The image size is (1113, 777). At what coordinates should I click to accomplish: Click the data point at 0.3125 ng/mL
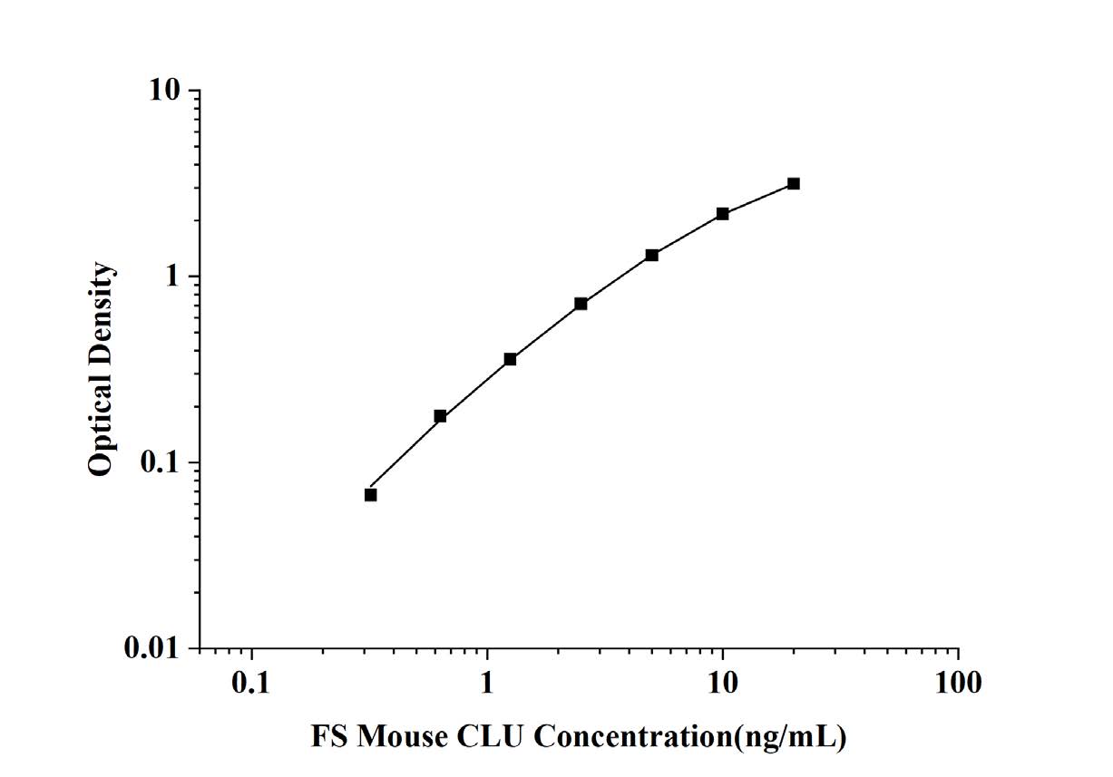[370, 495]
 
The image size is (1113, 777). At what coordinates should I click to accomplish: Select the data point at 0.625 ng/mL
[440, 416]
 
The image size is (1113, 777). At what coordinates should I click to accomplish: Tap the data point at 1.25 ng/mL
[511, 359]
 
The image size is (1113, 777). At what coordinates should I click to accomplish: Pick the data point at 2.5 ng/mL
[581, 304]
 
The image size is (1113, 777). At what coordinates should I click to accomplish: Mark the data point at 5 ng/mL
[652, 255]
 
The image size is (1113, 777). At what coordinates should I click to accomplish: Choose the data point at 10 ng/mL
[722, 214]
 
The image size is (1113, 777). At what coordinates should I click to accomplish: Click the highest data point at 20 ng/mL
[794, 184]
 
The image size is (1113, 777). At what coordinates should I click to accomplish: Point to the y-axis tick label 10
[164, 91]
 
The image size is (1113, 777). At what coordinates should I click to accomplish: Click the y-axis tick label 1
[172, 277]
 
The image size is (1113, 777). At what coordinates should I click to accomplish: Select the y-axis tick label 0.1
[160, 462]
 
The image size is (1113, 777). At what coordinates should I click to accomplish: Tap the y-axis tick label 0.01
[151, 648]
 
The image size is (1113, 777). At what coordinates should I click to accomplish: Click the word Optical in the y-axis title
[102, 423]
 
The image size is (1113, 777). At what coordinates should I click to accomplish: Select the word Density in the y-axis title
[102, 314]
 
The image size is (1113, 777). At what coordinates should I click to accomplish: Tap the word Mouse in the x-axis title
[403, 736]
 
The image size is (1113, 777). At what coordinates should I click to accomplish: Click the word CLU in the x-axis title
[490, 736]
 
